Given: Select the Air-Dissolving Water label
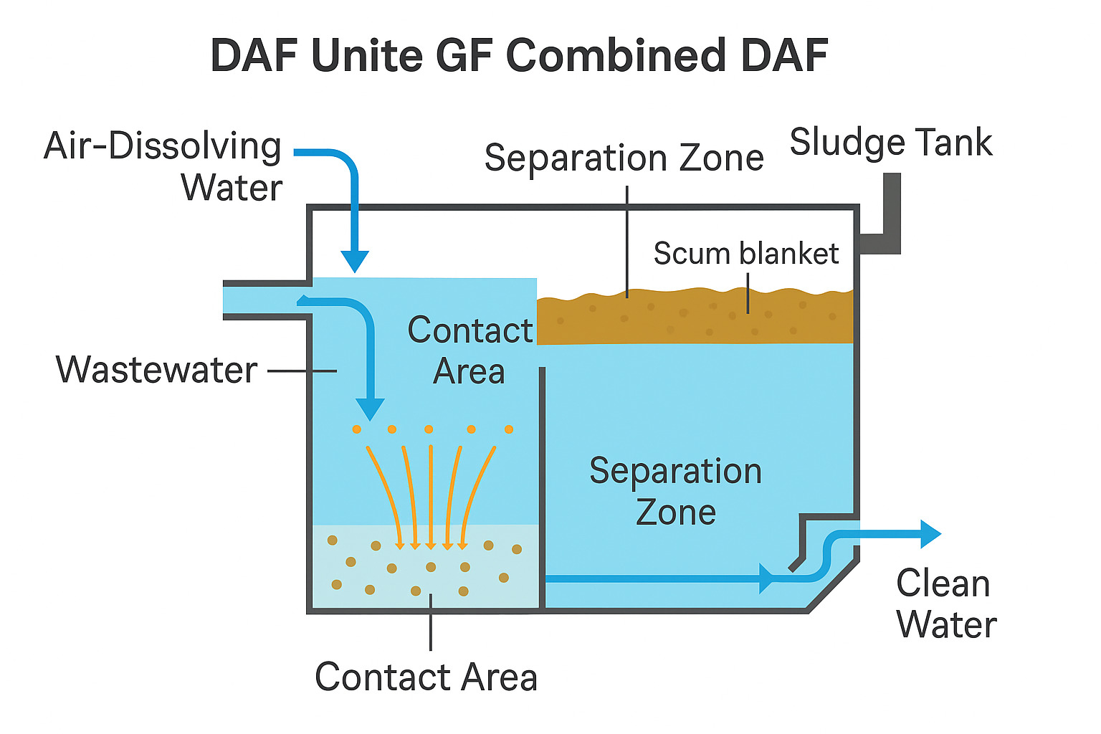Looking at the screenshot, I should point(163,166).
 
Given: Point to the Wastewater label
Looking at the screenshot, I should point(157,370).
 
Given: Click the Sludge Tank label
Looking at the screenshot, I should point(890,142).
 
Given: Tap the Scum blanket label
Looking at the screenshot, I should point(745,254).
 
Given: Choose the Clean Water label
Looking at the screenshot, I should point(945,604).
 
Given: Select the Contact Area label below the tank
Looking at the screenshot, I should point(426,677).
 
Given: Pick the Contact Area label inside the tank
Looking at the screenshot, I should point(470,351).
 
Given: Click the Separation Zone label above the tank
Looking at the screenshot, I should point(624,158).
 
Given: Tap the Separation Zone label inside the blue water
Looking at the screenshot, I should point(675,491).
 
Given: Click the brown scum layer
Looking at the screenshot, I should point(695,319).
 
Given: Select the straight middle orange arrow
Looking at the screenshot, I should point(430,495).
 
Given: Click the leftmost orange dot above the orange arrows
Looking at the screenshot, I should point(356,429).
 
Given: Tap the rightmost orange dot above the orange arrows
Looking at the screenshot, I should point(509,429).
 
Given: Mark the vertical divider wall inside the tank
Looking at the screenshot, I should point(542,487).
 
